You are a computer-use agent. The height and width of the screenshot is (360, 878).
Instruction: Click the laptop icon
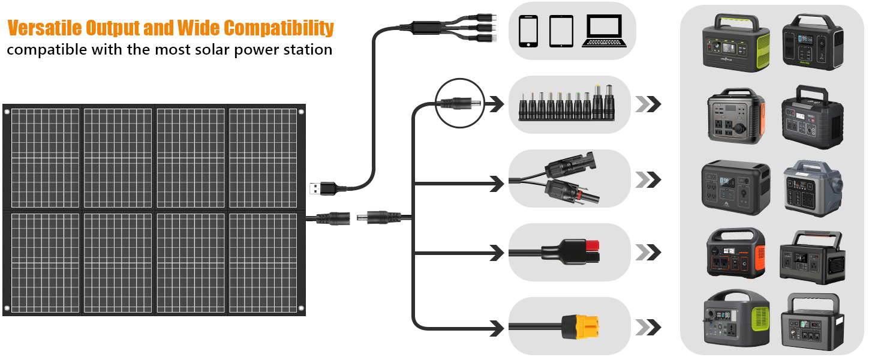[x=605, y=31]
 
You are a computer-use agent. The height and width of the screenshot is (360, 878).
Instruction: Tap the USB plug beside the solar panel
[x=319, y=188]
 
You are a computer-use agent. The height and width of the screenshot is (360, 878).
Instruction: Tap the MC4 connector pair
[x=569, y=178]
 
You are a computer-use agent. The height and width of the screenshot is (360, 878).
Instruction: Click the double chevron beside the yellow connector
[x=648, y=327]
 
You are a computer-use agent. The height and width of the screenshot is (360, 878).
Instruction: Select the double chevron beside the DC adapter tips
[x=648, y=104]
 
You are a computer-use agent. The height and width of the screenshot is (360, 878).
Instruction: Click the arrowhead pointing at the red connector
[x=497, y=253]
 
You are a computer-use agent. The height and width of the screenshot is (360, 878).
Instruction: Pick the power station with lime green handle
[x=736, y=41]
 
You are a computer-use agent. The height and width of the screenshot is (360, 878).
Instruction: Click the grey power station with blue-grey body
[x=813, y=185]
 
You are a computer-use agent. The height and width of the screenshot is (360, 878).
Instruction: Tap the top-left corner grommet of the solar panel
[x=7, y=112]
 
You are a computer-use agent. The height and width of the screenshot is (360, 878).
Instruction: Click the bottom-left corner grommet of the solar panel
[x=7, y=308]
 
